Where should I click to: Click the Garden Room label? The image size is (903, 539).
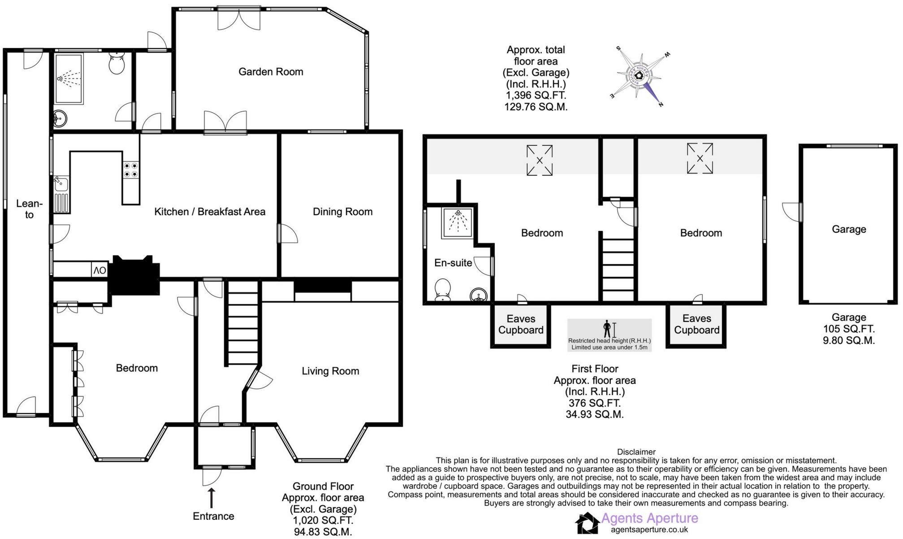pos(271,72)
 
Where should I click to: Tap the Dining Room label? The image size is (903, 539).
pos(342,212)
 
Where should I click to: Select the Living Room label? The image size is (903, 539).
pos(330,371)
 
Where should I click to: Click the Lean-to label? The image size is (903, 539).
pos(29,209)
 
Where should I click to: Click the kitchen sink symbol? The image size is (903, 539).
pos(60,183)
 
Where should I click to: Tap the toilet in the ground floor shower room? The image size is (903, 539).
pos(117,64)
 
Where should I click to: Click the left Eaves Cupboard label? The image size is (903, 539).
pos(521,324)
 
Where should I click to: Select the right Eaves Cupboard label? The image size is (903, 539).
pos(696,324)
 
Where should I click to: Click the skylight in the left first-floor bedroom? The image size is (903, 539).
pos(540,160)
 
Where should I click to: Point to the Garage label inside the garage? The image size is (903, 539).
pos(849,229)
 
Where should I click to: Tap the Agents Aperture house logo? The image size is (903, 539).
pos(587,523)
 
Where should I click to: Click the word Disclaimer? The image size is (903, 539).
pos(636,452)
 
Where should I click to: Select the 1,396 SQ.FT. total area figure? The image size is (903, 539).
pos(536,96)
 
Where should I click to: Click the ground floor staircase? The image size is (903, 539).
pos(242,323)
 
